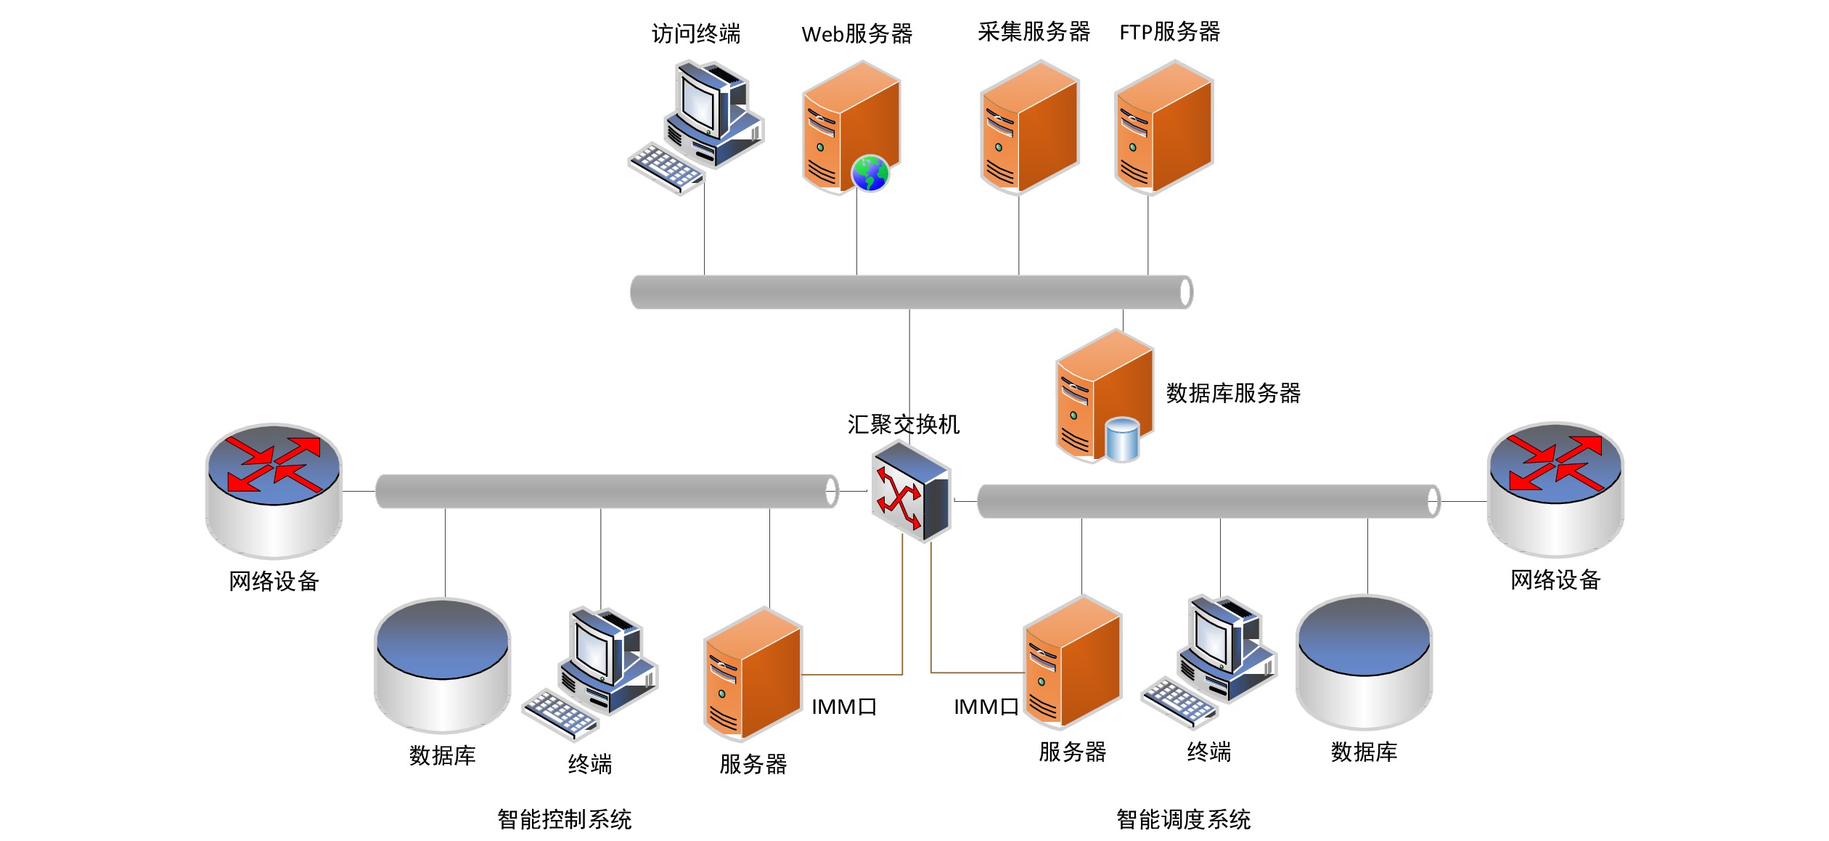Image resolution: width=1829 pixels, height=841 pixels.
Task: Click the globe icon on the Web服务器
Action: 870,173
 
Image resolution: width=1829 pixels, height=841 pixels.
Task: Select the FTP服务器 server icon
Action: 1163,127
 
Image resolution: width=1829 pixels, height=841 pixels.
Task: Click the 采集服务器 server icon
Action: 1029,127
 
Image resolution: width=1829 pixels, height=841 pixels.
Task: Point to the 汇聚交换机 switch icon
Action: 911,491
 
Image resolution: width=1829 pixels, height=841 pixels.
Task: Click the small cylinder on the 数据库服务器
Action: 1122,439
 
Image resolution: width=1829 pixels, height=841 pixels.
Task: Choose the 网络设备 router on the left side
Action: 274,490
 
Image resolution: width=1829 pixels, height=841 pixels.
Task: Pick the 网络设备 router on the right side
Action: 1555,489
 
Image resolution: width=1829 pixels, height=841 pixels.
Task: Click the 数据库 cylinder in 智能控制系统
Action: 442,665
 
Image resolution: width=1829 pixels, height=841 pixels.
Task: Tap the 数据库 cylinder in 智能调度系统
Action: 1364,662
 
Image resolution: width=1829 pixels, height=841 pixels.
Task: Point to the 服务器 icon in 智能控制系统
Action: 752,674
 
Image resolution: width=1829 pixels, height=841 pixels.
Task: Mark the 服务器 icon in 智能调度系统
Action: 1072,662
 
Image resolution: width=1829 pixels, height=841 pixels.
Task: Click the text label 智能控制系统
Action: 564,819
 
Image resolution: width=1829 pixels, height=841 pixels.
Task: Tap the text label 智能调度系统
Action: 1183,819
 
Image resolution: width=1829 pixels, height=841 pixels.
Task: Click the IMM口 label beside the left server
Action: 843,707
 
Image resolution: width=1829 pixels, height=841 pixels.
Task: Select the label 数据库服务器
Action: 1233,393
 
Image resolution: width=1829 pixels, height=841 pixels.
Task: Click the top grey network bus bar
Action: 911,292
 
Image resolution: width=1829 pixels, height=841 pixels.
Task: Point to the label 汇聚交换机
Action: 903,424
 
